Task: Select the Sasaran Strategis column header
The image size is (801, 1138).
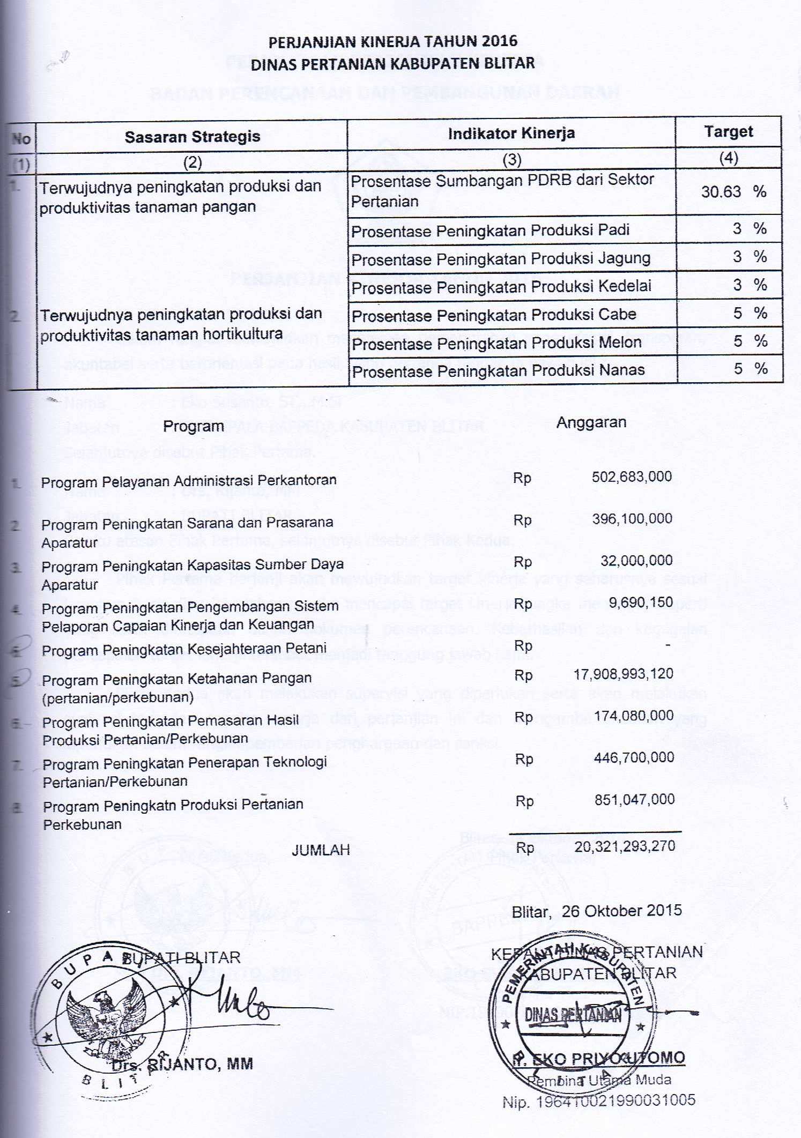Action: click(192, 137)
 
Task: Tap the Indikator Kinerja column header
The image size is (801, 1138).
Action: click(511, 133)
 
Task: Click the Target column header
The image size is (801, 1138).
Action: click(728, 132)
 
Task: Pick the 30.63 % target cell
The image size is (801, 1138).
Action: click(732, 192)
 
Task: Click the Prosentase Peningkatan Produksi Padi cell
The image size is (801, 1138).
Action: click(490, 231)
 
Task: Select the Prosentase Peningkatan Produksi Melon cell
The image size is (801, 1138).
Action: click(496, 343)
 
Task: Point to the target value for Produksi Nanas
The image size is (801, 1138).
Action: click(750, 369)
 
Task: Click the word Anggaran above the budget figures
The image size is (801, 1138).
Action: click(591, 422)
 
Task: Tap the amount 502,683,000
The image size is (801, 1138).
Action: click(632, 477)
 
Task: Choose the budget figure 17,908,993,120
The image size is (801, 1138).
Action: click(623, 674)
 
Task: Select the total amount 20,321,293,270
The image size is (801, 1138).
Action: click(625, 846)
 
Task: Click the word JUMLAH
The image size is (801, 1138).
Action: click(321, 850)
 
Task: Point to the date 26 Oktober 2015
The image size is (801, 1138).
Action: click(621, 911)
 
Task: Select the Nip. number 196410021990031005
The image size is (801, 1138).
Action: click(598, 1101)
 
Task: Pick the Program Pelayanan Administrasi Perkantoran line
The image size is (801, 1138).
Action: click(189, 481)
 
